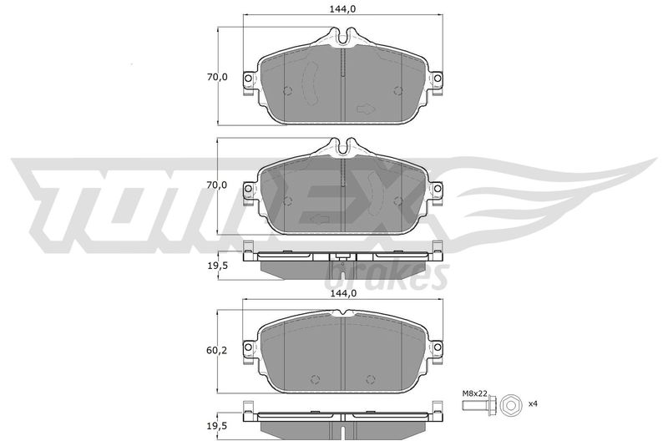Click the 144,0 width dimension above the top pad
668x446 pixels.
click(x=342, y=8)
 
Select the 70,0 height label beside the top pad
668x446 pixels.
click(x=217, y=77)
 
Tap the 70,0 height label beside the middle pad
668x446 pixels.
click(x=217, y=185)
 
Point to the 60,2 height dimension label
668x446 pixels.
click(x=217, y=351)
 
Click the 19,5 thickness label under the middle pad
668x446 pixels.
click(x=217, y=266)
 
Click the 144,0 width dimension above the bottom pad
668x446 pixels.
click(x=342, y=293)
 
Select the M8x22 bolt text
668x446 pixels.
click(x=474, y=395)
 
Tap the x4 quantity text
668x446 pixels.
click(x=533, y=403)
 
